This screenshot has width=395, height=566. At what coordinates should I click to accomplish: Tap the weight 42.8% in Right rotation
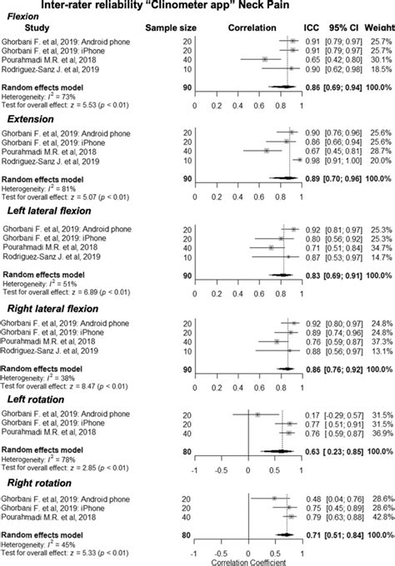click(377, 517)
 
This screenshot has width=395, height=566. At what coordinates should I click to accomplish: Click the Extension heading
click(27, 121)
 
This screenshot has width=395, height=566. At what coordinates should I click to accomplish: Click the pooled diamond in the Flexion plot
click(282, 86)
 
